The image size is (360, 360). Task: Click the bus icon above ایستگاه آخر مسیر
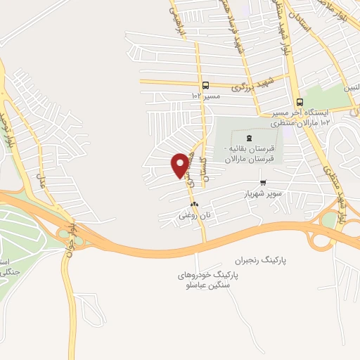[300, 103]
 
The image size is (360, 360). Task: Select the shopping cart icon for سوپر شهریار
[262, 184]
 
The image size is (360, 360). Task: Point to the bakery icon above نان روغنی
[195, 205]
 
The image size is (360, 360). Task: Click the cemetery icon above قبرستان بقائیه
[250, 138]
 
